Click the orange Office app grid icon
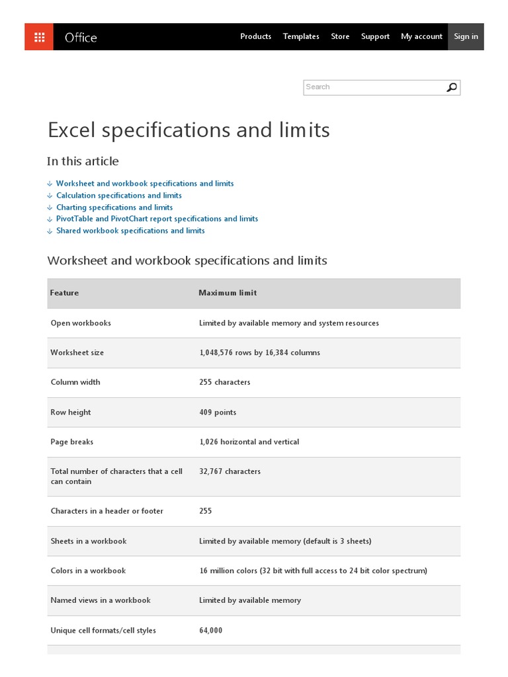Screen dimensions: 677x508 (39, 37)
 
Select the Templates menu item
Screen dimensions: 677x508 (301, 36)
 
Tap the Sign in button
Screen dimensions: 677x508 (466, 36)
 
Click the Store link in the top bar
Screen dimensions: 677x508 (340, 36)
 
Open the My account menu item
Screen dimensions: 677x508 (421, 36)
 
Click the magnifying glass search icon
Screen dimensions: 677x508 (452, 87)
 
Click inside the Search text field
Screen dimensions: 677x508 (374, 87)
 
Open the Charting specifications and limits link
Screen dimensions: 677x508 (114, 207)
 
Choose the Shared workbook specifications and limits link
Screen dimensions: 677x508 (130, 231)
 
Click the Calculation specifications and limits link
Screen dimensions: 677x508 (119, 195)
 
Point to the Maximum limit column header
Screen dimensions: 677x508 (228, 293)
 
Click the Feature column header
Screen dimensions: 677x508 (64, 293)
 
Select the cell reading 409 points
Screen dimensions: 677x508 (218, 412)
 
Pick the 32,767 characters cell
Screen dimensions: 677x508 (230, 471)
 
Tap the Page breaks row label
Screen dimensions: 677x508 (71, 442)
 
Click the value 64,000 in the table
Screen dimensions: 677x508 (210, 630)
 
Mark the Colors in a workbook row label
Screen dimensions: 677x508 (88, 571)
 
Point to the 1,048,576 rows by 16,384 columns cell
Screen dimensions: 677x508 (259, 352)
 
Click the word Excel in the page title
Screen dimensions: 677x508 (70, 130)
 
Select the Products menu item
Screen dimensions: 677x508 (255, 36)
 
